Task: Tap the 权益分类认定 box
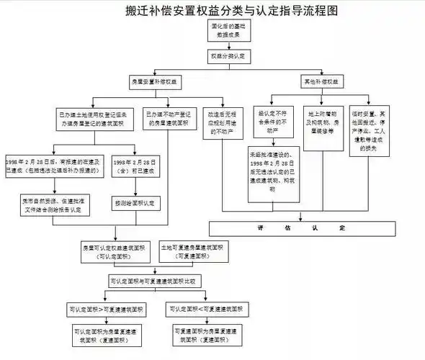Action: point(231,55)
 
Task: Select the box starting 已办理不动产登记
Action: point(168,117)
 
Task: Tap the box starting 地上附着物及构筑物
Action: point(323,123)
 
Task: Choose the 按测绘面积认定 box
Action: point(134,204)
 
